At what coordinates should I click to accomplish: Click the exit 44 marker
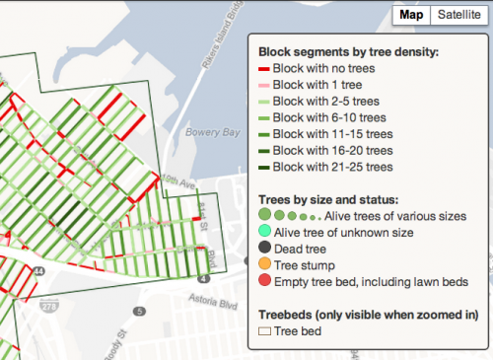(x=36, y=270)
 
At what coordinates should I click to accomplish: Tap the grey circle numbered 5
(x=140, y=313)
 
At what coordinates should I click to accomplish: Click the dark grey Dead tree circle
(x=264, y=248)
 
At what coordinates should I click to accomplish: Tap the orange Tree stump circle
(x=264, y=264)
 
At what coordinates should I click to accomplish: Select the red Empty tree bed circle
(x=264, y=281)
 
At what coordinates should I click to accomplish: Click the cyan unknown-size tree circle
(x=264, y=231)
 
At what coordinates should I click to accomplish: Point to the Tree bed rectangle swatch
(x=264, y=331)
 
